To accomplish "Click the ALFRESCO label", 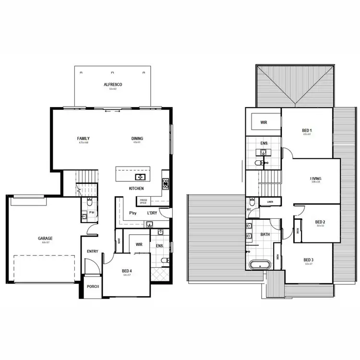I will (113, 84).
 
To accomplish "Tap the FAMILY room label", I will (84, 139).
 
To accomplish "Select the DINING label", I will (137, 139).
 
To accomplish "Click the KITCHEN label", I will (136, 189).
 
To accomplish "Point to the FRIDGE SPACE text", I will (144, 201).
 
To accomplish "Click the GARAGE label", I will (45, 238).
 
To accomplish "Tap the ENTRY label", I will (92, 252).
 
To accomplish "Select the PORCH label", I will (93, 287).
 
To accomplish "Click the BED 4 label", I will (127, 271).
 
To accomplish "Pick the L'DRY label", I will (152, 213).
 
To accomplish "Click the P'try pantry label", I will (133, 213).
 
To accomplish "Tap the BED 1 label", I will (307, 131).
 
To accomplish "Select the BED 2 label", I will (320, 222).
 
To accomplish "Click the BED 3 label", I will (308, 260).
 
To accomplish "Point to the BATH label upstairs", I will (264, 235).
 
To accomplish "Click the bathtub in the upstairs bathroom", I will (260, 264).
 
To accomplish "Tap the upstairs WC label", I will (249, 210).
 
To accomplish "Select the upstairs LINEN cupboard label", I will (270, 202).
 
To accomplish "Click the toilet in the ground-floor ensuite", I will (164, 261).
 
